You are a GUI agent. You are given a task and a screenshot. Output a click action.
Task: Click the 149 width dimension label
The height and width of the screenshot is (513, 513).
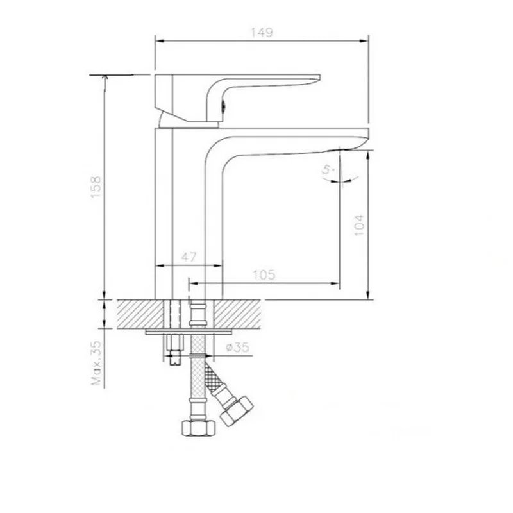[262, 33]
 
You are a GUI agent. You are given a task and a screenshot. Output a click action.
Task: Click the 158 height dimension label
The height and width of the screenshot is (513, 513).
[96, 187]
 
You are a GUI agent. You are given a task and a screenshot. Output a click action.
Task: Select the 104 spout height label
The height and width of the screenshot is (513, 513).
[359, 225]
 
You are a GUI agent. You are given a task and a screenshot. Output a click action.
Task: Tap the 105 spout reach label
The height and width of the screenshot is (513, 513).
[264, 275]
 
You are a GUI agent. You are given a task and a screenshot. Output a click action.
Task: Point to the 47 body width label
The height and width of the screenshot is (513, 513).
[189, 257]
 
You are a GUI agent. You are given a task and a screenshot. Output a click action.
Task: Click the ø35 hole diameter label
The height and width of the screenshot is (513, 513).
[237, 347]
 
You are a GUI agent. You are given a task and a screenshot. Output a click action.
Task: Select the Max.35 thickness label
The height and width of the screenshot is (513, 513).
[97, 363]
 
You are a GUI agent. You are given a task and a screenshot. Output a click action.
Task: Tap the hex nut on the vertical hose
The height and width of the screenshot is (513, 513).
[199, 428]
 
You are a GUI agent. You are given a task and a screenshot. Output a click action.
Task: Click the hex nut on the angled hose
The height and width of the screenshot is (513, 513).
[236, 411]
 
